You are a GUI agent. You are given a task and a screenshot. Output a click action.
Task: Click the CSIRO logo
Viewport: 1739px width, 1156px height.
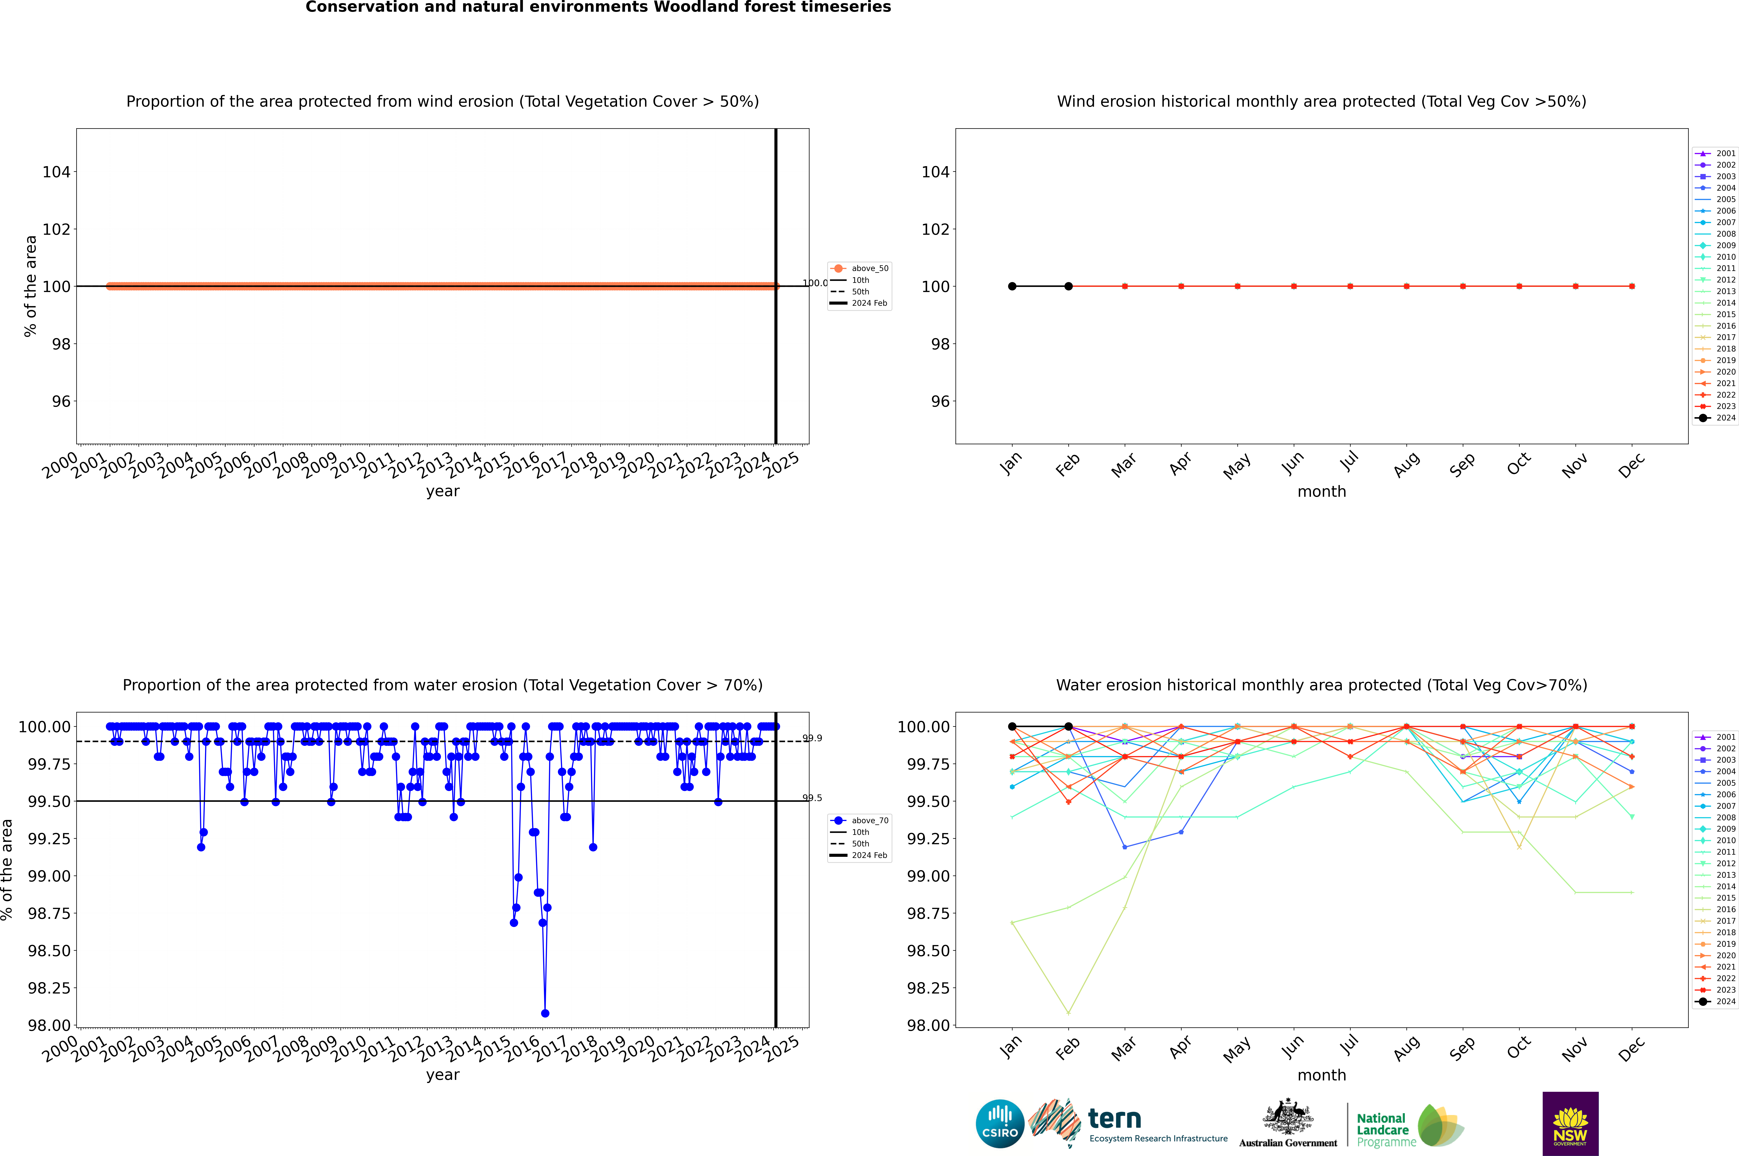click(x=1000, y=1124)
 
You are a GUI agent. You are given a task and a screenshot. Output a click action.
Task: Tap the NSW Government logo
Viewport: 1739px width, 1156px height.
click(x=1570, y=1124)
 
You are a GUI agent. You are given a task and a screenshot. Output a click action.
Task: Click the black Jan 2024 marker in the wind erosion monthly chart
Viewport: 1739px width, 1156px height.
click(x=1012, y=286)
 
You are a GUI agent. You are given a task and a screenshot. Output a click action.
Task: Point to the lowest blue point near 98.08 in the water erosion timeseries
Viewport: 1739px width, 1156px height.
click(x=545, y=1013)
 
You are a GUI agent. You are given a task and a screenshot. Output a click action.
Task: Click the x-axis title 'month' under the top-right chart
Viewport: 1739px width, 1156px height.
click(x=1321, y=492)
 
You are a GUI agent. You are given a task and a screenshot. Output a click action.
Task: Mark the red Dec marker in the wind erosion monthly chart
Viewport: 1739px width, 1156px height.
click(x=1631, y=286)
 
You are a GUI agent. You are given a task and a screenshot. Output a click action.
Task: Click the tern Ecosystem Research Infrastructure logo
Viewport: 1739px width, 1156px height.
click(x=1128, y=1124)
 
